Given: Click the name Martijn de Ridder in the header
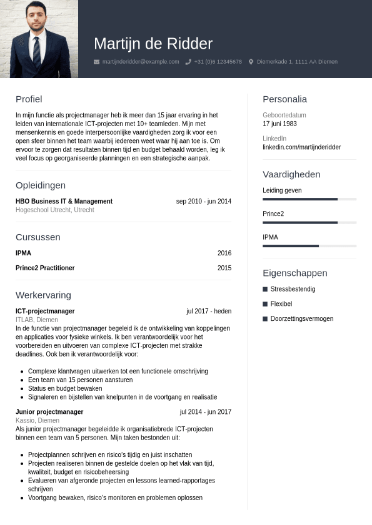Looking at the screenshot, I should tap(153, 44).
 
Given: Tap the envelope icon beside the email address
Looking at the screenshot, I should tap(96, 62).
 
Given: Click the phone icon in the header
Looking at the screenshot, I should tap(188, 62).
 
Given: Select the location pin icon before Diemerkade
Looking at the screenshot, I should tap(251, 62).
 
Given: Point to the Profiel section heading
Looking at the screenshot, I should tap(29, 99).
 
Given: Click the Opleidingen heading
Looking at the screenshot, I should tap(41, 185).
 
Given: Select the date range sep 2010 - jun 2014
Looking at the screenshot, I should tap(204, 202).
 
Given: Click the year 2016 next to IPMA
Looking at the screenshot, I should tap(224, 253).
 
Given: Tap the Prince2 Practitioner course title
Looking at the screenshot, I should tap(45, 268).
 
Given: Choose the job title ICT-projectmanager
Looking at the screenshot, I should tap(45, 312).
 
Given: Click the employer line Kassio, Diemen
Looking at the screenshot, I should tap(38, 421).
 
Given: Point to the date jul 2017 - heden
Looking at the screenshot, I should tap(209, 312).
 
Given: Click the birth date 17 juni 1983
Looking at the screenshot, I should tap(279, 124).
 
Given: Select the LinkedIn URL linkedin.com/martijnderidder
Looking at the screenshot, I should tap(302, 147).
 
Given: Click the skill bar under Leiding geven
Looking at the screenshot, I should tap(309, 199).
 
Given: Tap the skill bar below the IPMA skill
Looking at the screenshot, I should tap(309, 246).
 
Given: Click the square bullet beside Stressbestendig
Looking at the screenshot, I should tap(265, 290).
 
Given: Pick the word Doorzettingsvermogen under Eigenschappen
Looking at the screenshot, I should tap(302, 319).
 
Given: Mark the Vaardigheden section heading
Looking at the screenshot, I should tap(291, 175).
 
